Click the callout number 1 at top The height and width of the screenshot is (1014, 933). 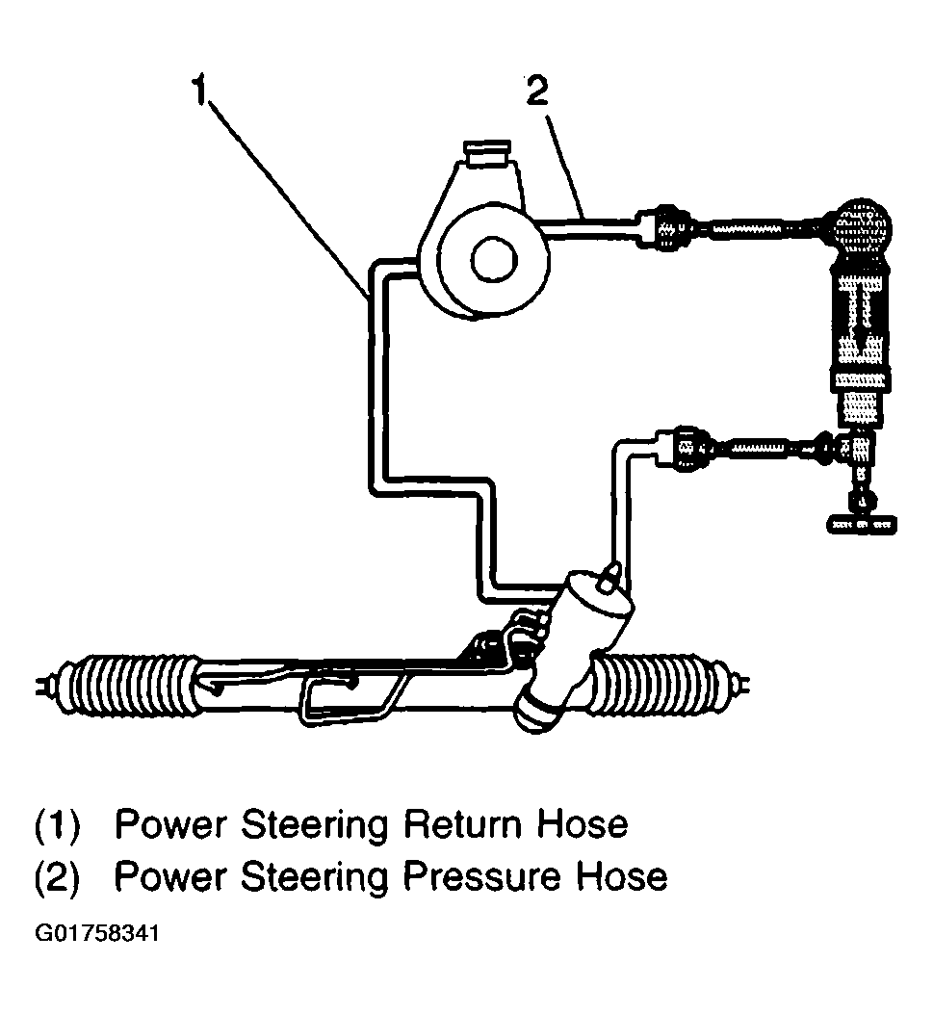(x=199, y=91)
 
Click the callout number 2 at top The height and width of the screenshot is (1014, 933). (x=536, y=91)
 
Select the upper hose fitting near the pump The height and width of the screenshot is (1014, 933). (x=668, y=227)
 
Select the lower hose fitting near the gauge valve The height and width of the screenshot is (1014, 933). (x=689, y=448)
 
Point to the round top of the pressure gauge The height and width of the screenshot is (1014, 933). (x=862, y=226)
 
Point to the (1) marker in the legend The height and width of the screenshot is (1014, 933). (x=59, y=826)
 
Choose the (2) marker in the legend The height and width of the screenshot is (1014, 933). (x=59, y=877)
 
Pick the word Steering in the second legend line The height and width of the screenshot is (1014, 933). (x=317, y=877)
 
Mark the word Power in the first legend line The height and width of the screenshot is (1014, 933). (x=169, y=825)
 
